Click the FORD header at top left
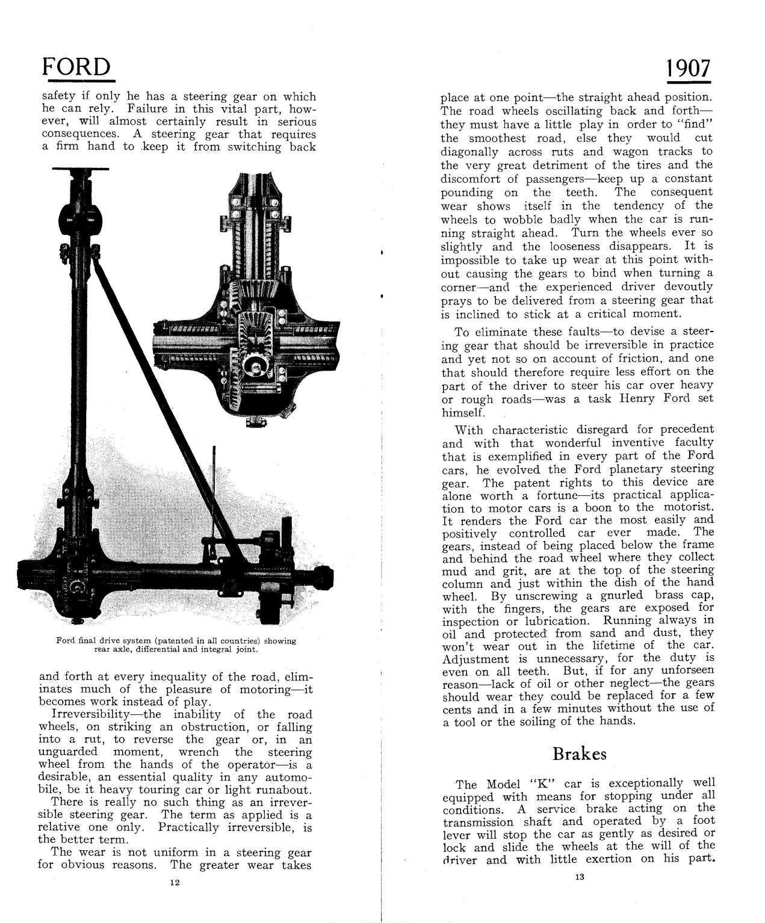point(76,67)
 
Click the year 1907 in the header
point(689,68)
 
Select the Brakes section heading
point(579,753)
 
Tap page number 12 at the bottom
point(175,882)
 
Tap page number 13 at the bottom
point(579,877)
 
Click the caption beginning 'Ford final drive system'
point(176,644)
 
